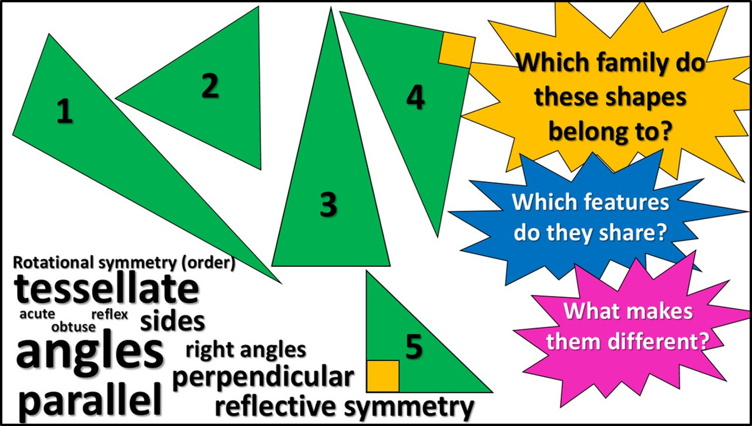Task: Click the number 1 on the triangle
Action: pyautogui.click(x=65, y=111)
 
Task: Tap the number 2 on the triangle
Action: pyautogui.click(x=210, y=86)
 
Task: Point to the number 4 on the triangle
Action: pyautogui.click(x=415, y=97)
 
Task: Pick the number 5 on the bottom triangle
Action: pyautogui.click(x=414, y=347)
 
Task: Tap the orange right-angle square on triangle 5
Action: pyautogui.click(x=382, y=376)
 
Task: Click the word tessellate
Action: pyautogui.click(x=106, y=289)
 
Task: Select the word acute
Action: pyautogui.click(x=37, y=314)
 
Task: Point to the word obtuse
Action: pyautogui.click(x=73, y=327)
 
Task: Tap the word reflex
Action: pyautogui.click(x=109, y=314)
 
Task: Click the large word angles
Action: pyautogui.click(x=89, y=352)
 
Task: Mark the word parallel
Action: pyautogui.click(x=90, y=401)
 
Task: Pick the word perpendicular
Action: pyautogui.click(x=263, y=378)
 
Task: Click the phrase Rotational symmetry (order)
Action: pyautogui.click(x=124, y=263)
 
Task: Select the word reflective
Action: pyautogui.click(x=276, y=407)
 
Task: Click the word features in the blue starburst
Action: pyautogui.click(x=628, y=203)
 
